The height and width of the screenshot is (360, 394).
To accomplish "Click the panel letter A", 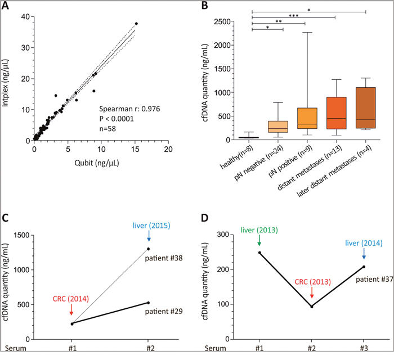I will pyautogui.click(x=6, y=6).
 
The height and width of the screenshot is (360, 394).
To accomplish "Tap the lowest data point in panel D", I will pyautogui.click(x=311, y=307).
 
